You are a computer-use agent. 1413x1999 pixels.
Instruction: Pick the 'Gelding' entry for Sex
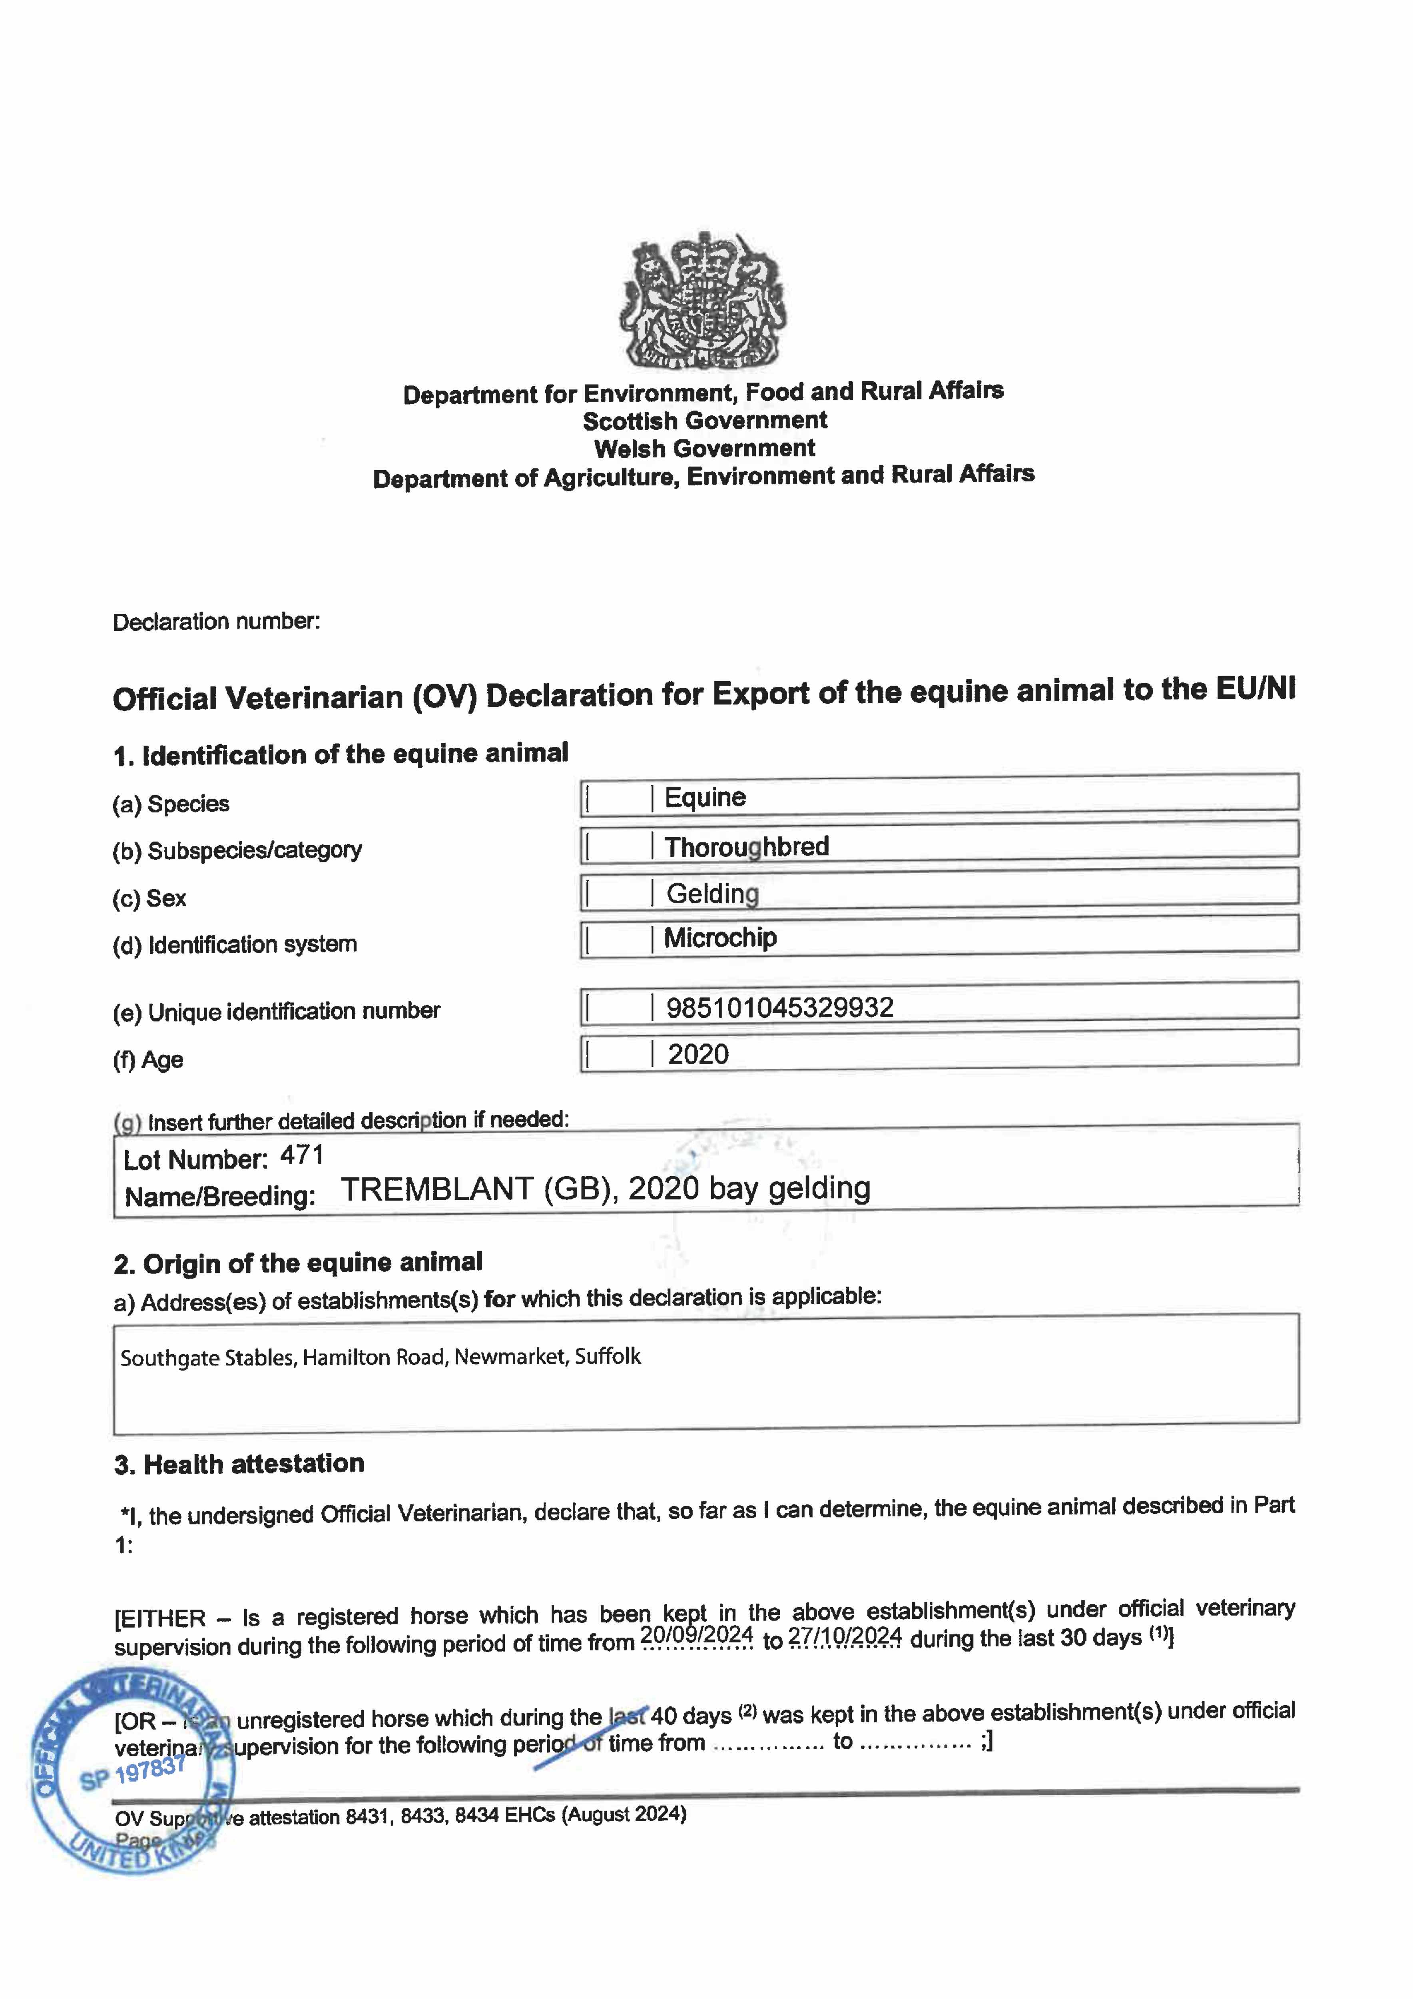coord(712,893)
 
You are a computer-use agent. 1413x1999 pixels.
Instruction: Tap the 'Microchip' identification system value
coord(720,938)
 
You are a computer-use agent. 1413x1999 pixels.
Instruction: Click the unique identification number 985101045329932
coord(779,1007)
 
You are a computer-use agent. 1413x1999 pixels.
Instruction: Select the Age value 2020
coord(698,1054)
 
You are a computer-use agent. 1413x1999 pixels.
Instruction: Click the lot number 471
coord(302,1155)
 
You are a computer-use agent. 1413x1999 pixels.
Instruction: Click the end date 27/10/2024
coord(845,1636)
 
